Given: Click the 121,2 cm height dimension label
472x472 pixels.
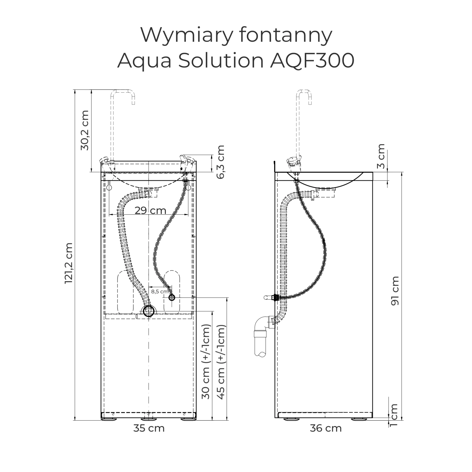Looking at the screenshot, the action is (68, 263).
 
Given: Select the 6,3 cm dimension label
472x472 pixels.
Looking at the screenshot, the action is (220, 162).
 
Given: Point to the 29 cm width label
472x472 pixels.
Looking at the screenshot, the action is (150, 211).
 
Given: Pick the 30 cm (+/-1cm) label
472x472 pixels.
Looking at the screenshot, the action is (206, 362).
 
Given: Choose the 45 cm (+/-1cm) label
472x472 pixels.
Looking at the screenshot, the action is (221, 362).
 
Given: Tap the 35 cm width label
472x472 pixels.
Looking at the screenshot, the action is (149, 428).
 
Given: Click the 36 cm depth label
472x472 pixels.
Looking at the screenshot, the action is (326, 428).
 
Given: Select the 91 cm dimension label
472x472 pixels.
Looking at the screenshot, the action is (395, 291).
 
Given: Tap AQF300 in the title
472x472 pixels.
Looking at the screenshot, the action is (312, 60).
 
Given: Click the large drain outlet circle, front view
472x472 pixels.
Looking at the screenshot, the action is (149, 311).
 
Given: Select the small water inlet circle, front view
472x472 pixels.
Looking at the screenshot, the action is (172, 297).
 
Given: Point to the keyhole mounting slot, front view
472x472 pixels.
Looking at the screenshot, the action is (109, 186).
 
